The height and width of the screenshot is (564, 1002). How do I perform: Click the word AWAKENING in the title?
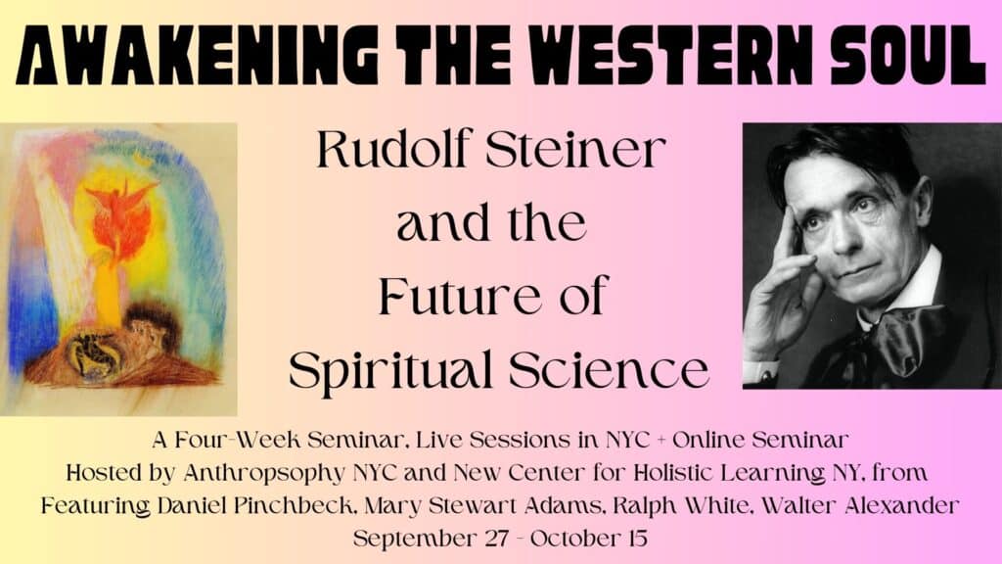pyautogui.click(x=196, y=56)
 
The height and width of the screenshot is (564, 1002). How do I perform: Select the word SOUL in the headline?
pyautogui.click(x=904, y=56)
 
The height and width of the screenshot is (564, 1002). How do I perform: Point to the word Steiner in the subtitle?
pyautogui.click(x=575, y=149)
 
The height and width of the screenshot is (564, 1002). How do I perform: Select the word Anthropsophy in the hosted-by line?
pyautogui.click(x=264, y=474)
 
